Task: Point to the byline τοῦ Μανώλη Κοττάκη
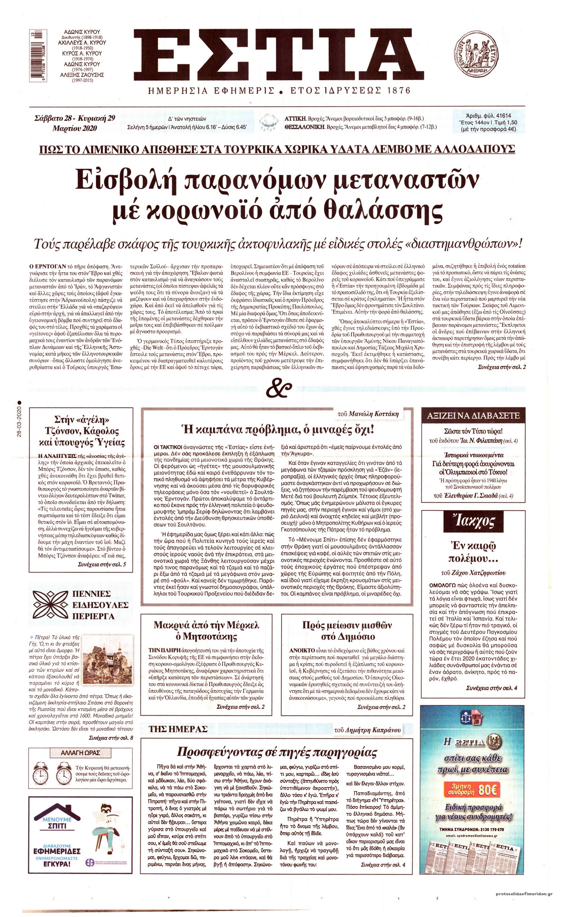click(367, 414)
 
